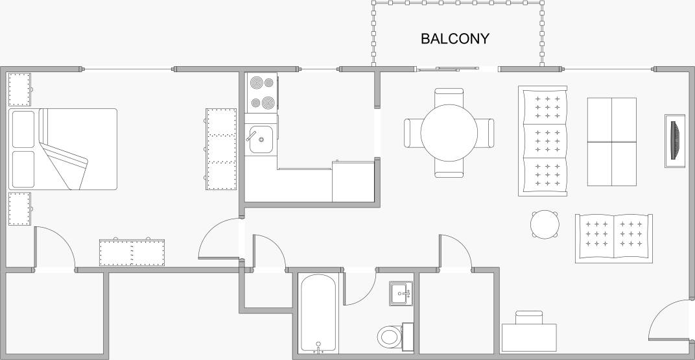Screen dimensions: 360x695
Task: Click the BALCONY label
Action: pos(455,39)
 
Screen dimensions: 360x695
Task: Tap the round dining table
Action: pos(449,132)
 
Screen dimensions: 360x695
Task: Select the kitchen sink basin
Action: pos(261,139)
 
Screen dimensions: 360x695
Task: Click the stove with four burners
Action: pos(262,93)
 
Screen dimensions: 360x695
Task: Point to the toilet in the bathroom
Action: pos(390,336)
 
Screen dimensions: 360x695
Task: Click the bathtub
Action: pos(318,314)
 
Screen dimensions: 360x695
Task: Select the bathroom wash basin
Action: pos(399,293)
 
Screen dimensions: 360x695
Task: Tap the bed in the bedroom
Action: pos(63,149)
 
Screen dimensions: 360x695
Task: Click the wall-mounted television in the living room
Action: pos(675,141)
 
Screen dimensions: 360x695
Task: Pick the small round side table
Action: pos(545,224)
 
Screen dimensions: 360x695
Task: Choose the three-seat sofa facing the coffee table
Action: pos(543,141)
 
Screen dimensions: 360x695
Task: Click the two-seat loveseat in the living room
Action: pos(613,238)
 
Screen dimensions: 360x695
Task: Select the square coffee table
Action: pos(611,141)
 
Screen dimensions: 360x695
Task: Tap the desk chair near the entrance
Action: pos(528,317)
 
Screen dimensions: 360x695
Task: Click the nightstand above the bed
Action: pos(19,90)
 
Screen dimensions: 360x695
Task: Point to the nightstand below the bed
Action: pos(19,208)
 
